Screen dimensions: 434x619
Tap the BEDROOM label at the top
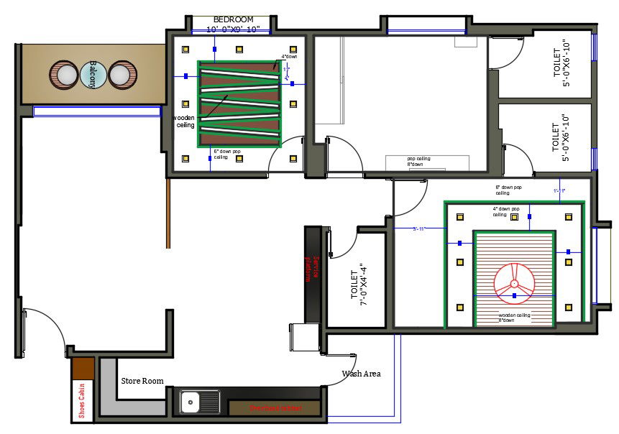(x=233, y=19)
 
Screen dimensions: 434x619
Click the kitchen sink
(x=192, y=402)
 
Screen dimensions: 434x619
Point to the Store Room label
(x=142, y=381)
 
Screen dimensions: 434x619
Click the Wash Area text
(x=361, y=374)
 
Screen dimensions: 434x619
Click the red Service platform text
(x=312, y=267)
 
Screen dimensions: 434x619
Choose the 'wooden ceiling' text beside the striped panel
(x=185, y=121)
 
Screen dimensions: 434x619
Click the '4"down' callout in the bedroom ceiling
(x=288, y=57)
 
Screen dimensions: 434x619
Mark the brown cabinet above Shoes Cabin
(x=83, y=368)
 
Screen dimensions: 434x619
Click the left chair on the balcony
(x=64, y=75)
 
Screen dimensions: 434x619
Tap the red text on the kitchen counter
(x=275, y=407)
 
